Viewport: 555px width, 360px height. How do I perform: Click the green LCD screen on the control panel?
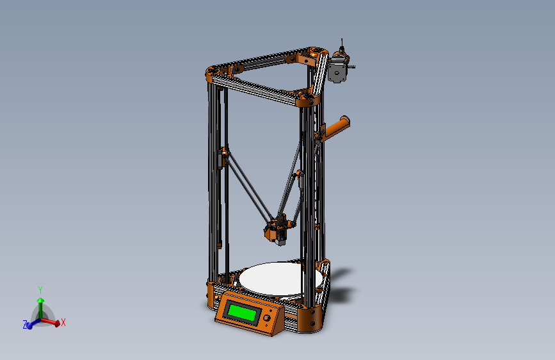point(243,313)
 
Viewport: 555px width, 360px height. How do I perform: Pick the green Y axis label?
point(40,290)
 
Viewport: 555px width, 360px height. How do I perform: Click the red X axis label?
point(64,323)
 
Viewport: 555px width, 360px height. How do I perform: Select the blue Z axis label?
point(25,325)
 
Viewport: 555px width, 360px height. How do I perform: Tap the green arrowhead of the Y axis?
point(40,299)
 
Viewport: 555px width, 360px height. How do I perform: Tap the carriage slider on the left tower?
point(224,156)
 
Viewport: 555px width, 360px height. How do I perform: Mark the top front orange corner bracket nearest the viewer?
point(307,99)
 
